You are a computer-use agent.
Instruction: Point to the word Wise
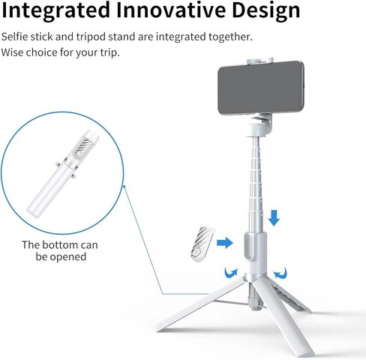click(12, 52)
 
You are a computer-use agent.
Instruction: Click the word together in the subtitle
click(230, 37)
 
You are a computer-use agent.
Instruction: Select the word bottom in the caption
click(59, 244)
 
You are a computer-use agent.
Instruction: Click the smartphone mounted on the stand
click(261, 88)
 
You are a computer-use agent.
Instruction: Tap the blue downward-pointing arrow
click(274, 217)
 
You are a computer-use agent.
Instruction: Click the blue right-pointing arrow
click(225, 242)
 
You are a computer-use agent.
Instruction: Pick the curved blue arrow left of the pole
click(230, 273)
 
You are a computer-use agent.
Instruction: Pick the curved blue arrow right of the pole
click(280, 273)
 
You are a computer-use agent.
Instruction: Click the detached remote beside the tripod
click(201, 244)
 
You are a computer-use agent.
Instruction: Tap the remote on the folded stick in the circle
click(83, 148)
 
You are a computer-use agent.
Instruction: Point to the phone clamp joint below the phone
click(260, 124)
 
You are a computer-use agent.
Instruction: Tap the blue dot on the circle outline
click(124, 186)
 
